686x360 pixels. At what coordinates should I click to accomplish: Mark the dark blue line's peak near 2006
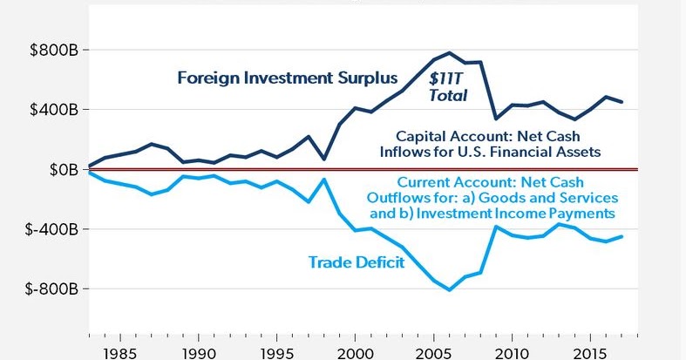(450, 52)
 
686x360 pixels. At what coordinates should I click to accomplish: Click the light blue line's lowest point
(450, 289)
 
